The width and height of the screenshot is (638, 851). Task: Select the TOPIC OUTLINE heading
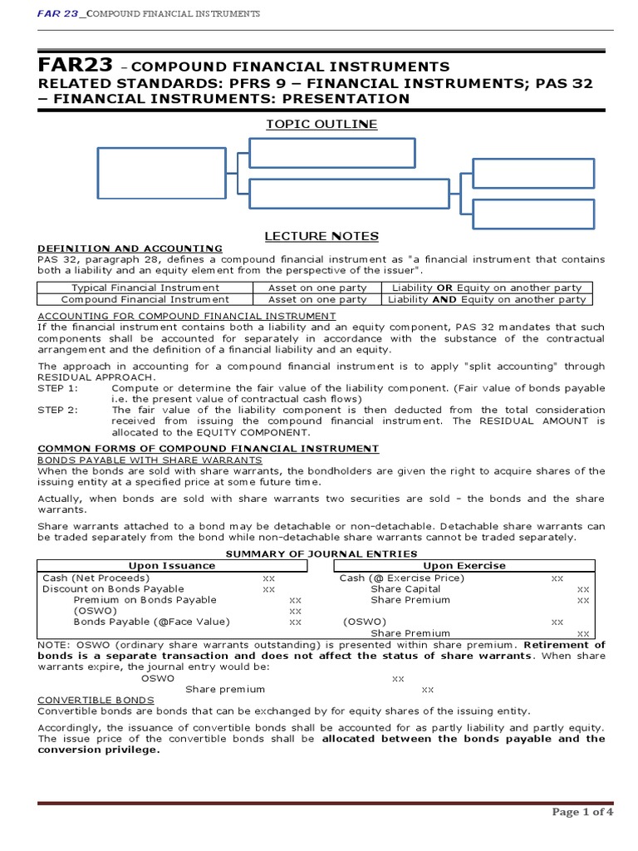pyautogui.click(x=321, y=124)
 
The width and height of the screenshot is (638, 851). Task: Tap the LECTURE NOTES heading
pyautogui.click(x=321, y=236)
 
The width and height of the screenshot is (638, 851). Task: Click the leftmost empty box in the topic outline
pyautogui.click(x=161, y=174)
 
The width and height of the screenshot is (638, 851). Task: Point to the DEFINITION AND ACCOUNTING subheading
pyautogui.click(x=130, y=248)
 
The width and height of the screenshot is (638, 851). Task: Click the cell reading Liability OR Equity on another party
pyautogui.click(x=487, y=288)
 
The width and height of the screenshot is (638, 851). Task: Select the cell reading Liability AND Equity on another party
pyautogui.click(x=487, y=299)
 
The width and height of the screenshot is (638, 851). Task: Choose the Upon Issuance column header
pyautogui.click(x=172, y=565)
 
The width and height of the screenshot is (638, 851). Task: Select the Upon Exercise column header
pyautogui.click(x=464, y=565)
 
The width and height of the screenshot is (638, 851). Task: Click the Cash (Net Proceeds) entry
pyautogui.click(x=96, y=578)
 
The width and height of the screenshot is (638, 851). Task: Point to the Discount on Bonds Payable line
pyautogui.click(x=101, y=588)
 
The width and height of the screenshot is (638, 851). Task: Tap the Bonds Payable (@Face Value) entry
pyautogui.click(x=152, y=622)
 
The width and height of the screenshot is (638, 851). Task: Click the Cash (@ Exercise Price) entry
pyautogui.click(x=402, y=578)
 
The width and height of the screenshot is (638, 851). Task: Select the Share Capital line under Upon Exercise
pyautogui.click(x=405, y=588)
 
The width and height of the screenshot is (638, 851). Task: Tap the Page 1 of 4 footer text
pyautogui.click(x=582, y=812)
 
